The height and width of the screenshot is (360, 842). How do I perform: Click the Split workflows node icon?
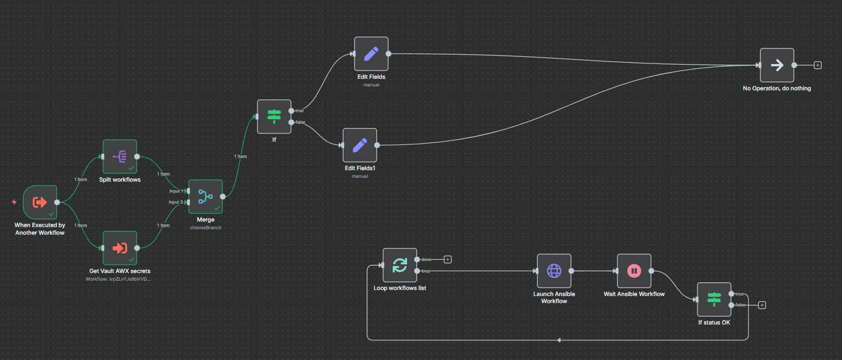point(120,156)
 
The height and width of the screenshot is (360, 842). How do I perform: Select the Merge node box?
point(205,196)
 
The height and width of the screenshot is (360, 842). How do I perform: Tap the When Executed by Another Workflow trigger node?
point(40,202)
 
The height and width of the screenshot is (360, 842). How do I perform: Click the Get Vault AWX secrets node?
point(120,248)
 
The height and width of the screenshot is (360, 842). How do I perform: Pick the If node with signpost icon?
point(274,116)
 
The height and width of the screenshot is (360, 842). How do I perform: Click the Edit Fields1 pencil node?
point(359,145)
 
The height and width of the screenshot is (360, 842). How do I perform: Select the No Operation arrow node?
point(776,65)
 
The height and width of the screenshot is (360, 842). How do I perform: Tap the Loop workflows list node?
point(400,265)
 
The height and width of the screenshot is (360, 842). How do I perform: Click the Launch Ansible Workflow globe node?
point(554,271)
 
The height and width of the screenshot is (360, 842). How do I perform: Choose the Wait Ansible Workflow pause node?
point(634,271)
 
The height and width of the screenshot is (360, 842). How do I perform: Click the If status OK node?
point(714,299)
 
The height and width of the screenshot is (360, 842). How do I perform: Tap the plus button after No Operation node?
point(817,65)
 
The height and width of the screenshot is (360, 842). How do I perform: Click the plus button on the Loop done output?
point(448,259)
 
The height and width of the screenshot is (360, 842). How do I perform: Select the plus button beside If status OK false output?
point(762,305)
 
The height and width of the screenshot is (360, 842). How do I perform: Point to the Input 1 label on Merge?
point(176,191)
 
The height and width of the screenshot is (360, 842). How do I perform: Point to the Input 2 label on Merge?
point(176,202)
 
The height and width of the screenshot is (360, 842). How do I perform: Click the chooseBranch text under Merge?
point(205,227)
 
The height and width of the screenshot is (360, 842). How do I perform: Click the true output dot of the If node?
point(291,111)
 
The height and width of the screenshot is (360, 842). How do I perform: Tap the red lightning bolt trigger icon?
point(14,202)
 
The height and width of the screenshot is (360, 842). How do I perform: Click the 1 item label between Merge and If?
point(240,156)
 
